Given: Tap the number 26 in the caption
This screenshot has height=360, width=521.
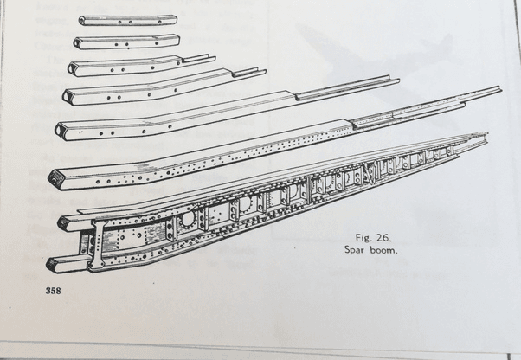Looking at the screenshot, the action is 383,238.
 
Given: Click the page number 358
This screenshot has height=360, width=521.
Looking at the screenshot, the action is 53,291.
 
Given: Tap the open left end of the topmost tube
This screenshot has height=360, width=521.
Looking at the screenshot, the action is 82,21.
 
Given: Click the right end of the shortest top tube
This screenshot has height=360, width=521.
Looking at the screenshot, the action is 175,19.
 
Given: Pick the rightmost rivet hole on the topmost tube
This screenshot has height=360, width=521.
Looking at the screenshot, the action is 160,22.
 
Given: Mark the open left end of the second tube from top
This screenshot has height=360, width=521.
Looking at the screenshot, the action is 77,43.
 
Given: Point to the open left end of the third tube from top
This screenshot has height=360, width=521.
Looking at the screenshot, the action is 73,68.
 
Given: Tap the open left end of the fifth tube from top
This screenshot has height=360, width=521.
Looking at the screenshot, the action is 61,129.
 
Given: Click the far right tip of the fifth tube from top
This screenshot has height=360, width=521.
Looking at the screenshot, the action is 398,80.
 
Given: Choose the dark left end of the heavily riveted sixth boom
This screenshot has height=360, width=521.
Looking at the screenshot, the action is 55,178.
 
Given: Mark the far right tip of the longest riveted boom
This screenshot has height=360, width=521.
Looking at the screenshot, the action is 500,87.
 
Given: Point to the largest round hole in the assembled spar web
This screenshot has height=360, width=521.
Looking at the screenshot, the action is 187,219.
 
